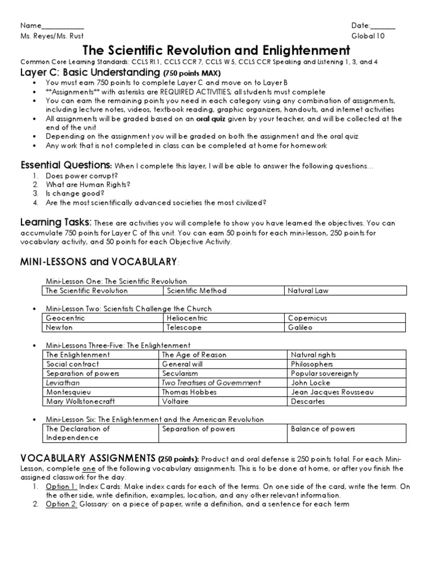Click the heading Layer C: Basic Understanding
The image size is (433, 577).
[x=90, y=73]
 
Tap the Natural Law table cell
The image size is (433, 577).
[x=308, y=291]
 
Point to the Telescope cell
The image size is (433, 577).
[x=181, y=327]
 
